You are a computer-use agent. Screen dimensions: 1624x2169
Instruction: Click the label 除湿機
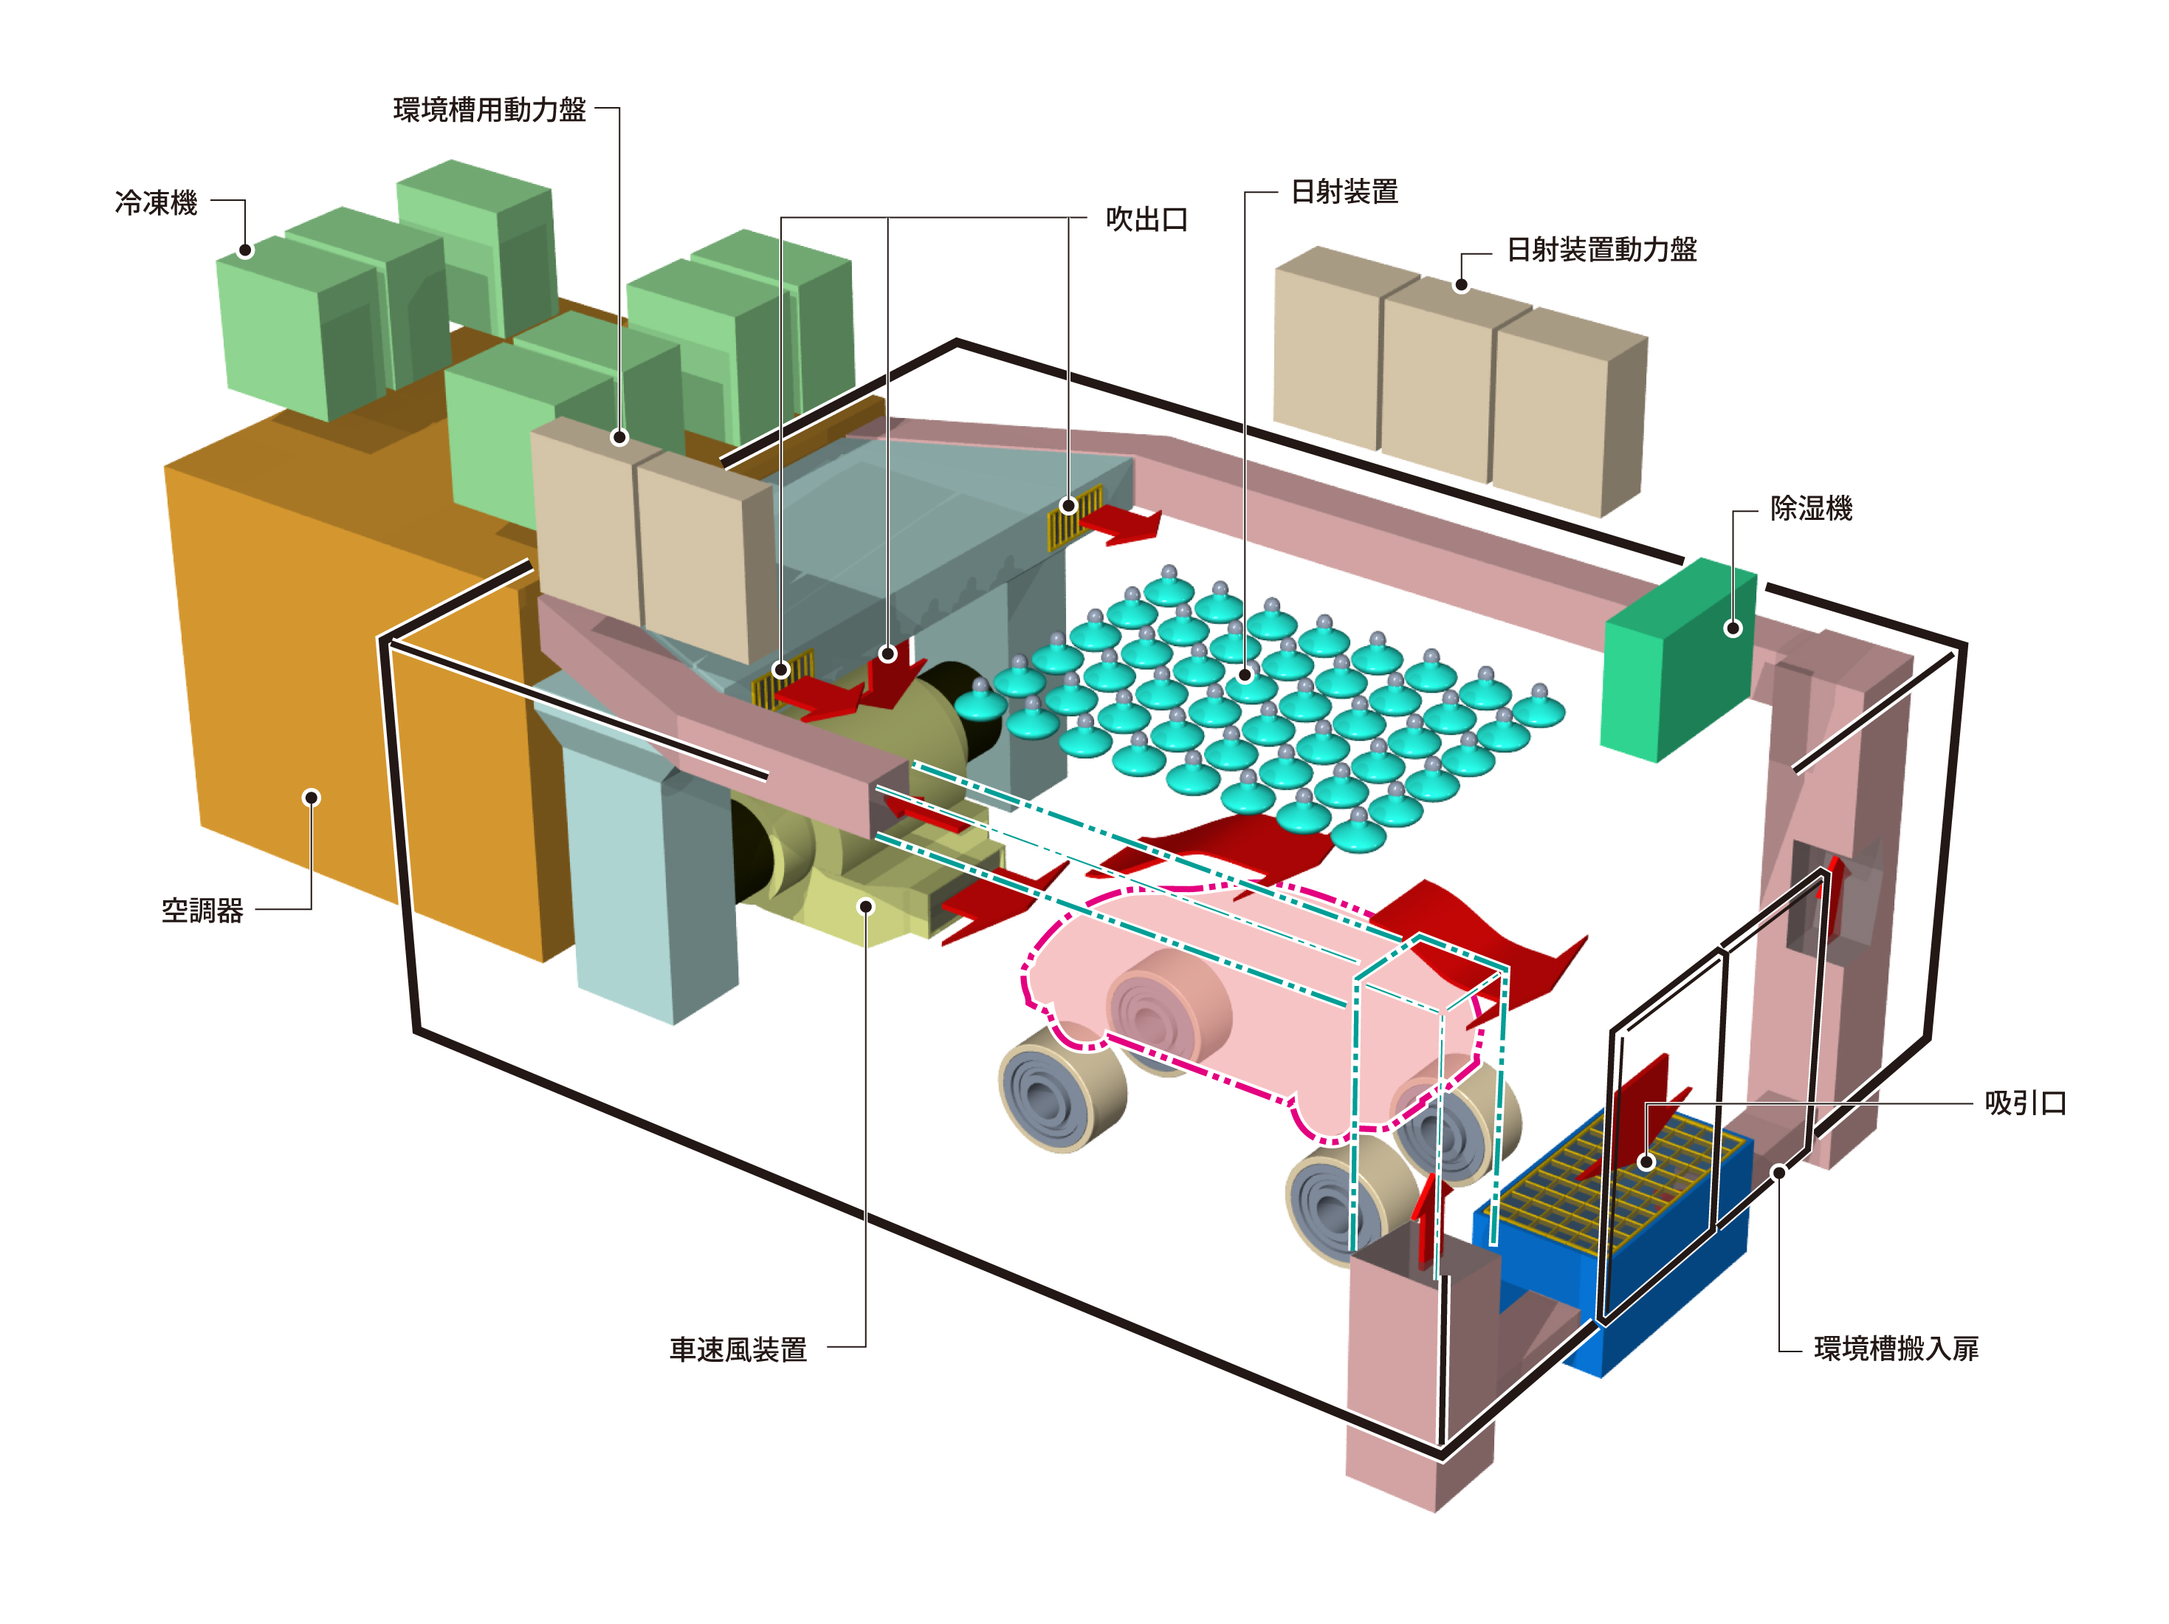[1811, 508]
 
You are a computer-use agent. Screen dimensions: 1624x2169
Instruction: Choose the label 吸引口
[2025, 1103]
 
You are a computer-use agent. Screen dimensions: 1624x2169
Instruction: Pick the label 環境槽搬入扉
[1895, 1349]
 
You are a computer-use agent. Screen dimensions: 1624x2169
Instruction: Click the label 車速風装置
[738, 1349]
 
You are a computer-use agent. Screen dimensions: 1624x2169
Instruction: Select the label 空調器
[202, 910]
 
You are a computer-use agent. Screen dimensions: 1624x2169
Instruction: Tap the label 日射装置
[1344, 191]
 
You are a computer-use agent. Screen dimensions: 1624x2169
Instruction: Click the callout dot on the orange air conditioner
[312, 798]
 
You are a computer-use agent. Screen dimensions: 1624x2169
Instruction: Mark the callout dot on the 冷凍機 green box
[246, 250]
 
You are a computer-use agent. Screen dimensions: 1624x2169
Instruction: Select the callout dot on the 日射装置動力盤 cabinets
[1461, 284]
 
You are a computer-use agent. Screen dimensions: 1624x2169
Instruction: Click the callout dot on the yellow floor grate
[1647, 1162]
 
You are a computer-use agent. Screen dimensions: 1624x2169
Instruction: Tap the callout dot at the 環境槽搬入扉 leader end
[1778, 1172]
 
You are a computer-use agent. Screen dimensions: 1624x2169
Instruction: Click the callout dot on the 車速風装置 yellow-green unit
[866, 906]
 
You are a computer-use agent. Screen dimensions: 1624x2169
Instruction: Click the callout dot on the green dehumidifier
[1733, 628]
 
